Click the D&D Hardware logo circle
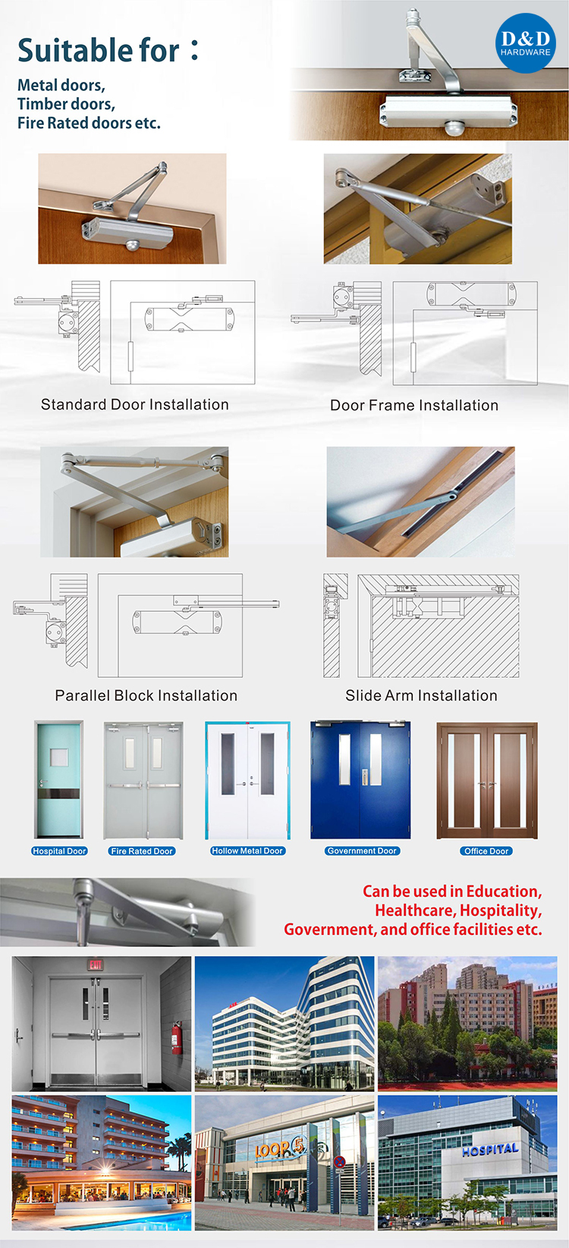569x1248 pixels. point(525,43)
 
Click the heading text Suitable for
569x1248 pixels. point(99,51)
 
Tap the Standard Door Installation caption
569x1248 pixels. point(134,405)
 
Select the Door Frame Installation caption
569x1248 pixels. point(414,406)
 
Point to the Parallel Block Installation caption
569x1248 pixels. point(146,696)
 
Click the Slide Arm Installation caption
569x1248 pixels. point(421,696)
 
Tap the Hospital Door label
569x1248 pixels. point(59,851)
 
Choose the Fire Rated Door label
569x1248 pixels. point(142,851)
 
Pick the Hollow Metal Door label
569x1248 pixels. point(247,851)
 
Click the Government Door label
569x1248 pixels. point(362,851)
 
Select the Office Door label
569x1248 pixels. point(486,851)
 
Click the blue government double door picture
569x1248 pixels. point(360,780)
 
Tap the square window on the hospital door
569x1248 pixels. point(58,757)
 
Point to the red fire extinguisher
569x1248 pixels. point(176,1037)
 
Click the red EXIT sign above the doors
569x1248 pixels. point(96,965)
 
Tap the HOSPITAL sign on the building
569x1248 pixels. point(490,1149)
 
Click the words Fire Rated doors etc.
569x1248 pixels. point(89,124)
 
